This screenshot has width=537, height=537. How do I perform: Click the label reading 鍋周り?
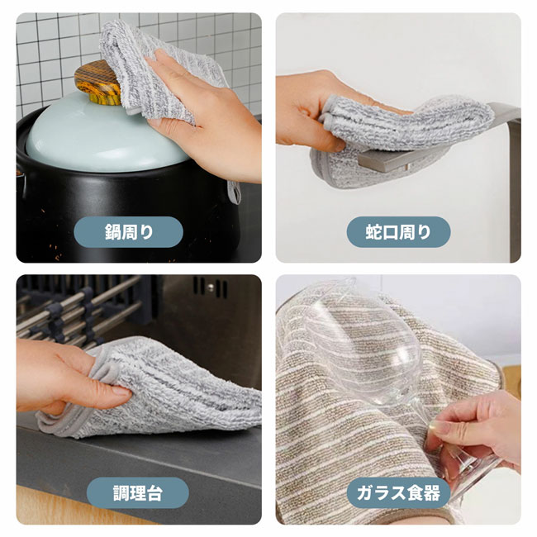tap(128, 232)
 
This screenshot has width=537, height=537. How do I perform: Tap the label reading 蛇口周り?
tap(398, 232)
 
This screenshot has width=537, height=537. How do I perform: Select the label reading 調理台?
tap(137, 493)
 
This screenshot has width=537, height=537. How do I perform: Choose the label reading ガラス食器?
tap(398, 493)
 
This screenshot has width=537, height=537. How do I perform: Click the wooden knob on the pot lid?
tap(97, 82)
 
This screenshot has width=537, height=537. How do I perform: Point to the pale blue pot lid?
tap(102, 137)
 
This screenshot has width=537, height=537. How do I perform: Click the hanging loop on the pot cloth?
tap(235, 192)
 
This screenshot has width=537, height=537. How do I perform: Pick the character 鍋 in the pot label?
tap(112, 232)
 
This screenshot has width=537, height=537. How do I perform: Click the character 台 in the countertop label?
tap(154, 493)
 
